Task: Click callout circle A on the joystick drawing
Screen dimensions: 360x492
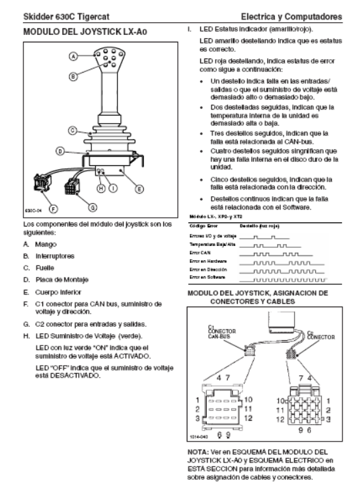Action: (73, 56)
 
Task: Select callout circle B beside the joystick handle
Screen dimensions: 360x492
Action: (73, 76)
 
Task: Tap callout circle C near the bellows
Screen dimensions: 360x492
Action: (73, 130)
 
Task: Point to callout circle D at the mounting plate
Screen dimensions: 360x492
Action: (60, 151)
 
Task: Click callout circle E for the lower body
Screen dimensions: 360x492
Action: (139, 189)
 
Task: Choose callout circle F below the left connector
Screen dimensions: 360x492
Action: (53, 208)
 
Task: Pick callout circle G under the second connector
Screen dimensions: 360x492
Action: (93, 208)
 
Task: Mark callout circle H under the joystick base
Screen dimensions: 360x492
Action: (101, 188)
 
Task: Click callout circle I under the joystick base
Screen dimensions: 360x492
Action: (113, 188)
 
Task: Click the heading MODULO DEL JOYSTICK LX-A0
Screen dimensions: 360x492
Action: (85, 32)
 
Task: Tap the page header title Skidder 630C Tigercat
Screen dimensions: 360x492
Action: (66, 17)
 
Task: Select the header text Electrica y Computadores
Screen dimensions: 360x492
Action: (291, 17)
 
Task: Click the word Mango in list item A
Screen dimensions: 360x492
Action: (46, 245)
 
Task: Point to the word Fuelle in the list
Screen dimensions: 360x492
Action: (45, 268)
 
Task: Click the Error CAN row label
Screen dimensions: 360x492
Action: (199, 253)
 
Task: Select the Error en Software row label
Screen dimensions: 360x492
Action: (208, 278)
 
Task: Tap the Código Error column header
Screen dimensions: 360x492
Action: (204, 227)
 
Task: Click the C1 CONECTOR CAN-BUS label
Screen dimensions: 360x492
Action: (222, 331)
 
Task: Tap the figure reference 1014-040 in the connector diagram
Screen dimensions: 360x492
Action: (199, 436)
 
